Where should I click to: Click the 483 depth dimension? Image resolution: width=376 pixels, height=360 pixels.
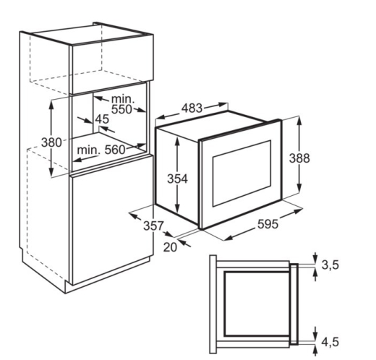tap(192, 108)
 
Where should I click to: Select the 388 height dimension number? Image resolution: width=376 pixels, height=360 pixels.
tap(299, 158)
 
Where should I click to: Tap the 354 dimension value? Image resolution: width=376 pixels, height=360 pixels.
tap(177, 179)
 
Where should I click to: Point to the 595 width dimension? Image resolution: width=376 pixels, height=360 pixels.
tap(268, 224)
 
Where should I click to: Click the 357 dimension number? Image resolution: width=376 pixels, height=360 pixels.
tap(153, 226)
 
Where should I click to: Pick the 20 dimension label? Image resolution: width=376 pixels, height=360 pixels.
tap(170, 247)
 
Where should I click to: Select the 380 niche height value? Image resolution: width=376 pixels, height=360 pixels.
tap(51, 142)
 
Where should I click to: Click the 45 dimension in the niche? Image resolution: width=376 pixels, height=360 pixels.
tap(102, 119)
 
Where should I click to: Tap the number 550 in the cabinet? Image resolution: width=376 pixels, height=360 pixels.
tap(121, 109)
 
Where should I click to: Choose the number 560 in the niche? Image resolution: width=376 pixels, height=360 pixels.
tap(115, 150)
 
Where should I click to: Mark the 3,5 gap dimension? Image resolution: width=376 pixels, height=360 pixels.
tap(330, 265)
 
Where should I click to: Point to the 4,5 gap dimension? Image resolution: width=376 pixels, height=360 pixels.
tap(330, 342)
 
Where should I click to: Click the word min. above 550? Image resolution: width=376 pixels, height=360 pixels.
tap(123, 99)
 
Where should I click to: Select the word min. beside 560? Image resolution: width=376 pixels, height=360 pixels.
tap(88, 150)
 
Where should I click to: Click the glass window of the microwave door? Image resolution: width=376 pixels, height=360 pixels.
tap(242, 173)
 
